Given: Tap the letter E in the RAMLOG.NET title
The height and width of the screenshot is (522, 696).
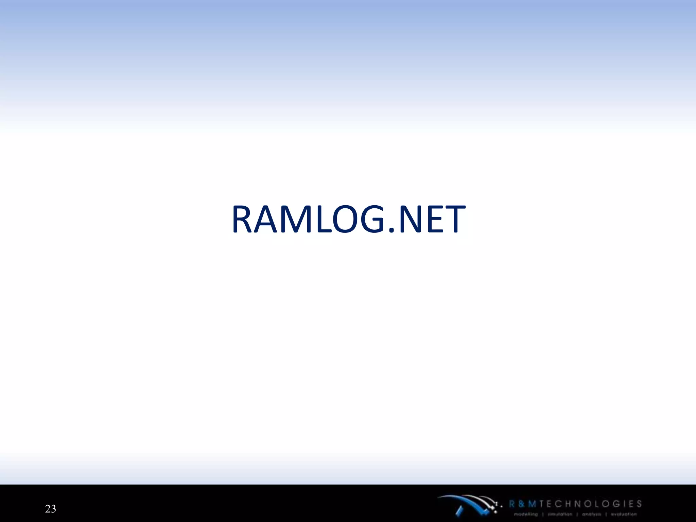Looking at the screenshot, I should (436, 220).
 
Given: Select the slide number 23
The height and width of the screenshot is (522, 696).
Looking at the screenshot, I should (50, 509).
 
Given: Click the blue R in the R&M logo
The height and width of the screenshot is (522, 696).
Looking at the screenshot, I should (512, 504).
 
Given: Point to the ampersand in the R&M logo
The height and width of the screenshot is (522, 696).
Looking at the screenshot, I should (522, 504).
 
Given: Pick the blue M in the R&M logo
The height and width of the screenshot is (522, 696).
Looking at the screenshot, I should (532, 504).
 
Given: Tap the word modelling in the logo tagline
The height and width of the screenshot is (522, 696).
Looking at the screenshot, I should (526, 514).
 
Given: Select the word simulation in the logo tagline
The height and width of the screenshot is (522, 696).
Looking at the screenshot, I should (560, 514).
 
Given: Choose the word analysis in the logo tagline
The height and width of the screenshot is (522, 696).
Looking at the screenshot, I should (591, 514).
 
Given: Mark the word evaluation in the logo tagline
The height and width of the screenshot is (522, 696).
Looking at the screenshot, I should (624, 514).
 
